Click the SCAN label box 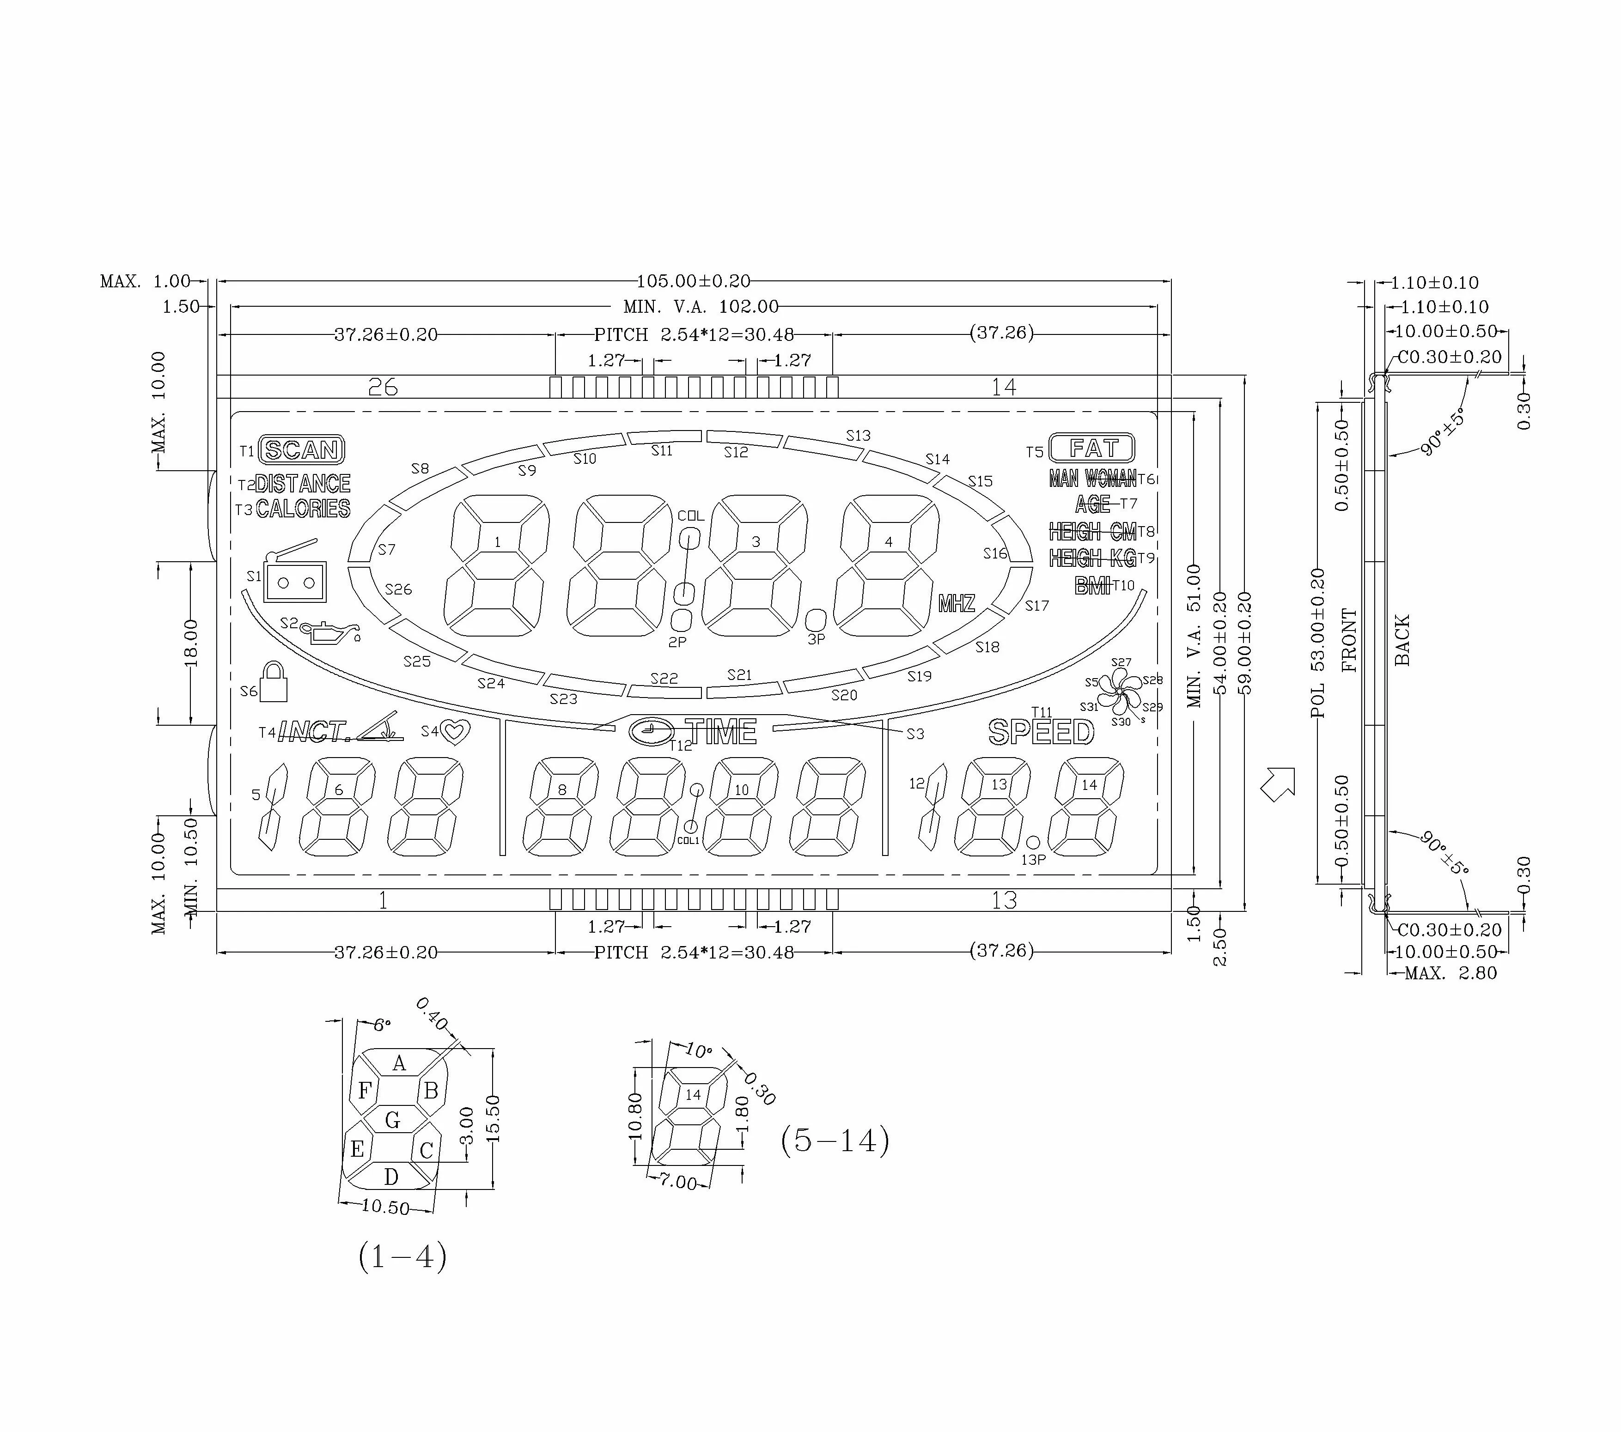301,450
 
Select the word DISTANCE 303,484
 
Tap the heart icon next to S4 455,732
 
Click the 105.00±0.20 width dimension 693,281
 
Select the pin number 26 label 383,387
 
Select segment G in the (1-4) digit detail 393,1120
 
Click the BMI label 1092,586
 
